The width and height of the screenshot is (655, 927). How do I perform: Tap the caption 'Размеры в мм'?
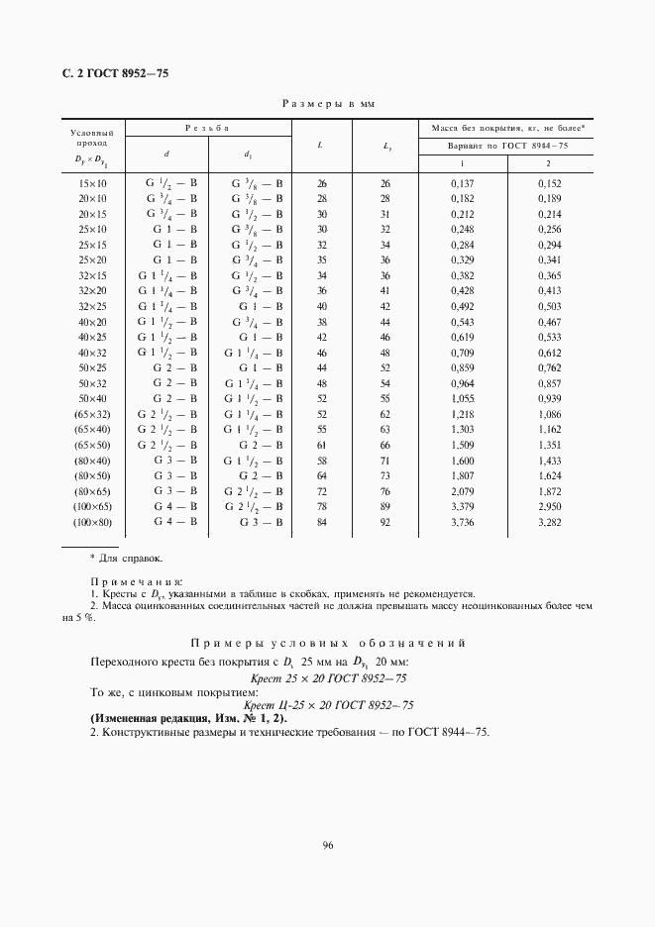(328, 103)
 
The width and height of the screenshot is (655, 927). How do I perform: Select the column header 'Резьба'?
(208, 128)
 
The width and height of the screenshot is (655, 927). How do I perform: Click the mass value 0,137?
(464, 183)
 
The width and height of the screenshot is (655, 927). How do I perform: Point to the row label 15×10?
(92, 183)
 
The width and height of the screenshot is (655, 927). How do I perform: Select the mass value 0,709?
(464, 353)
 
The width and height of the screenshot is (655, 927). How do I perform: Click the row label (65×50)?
(92, 445)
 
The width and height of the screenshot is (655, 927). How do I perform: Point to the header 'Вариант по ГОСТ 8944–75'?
(506, 146)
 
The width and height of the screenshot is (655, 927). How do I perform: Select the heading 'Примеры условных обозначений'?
(327, 643)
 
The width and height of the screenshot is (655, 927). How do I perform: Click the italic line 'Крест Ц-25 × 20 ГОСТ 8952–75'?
(328, 705)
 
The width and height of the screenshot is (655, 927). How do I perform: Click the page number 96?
(327, 845)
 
